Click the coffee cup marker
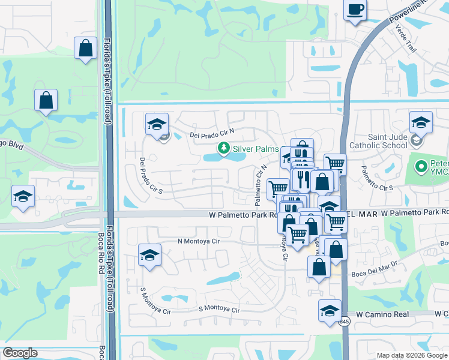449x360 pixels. pos(355,10)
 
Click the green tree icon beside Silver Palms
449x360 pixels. pos(224,148)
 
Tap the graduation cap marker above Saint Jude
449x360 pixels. pos(421,122)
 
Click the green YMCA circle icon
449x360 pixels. pos(421,164)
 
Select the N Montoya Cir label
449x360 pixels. pos(199,241)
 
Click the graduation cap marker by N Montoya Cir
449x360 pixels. pos(149,255)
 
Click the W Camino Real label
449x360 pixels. pos(382,314)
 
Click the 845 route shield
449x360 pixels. pos(344,322)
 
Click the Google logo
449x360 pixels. pos(20,353)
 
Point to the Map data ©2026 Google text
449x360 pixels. pos(411,355)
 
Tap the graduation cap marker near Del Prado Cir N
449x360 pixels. pos(157,125)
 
